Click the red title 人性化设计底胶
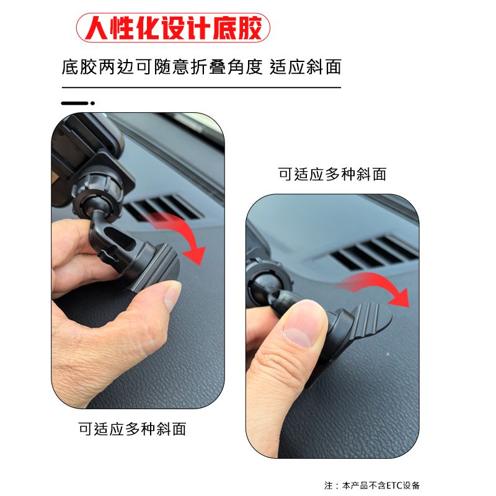coord(174,28)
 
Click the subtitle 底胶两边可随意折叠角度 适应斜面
coord(201,67)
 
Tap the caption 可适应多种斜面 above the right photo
coord(332,174)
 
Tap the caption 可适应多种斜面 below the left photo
coord(132,429)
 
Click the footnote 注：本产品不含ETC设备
coord(372,485)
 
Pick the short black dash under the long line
coord(74,103)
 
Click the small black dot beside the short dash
coord(92,103)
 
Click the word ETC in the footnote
coord(394,485)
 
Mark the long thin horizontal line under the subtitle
coord(201,87)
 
